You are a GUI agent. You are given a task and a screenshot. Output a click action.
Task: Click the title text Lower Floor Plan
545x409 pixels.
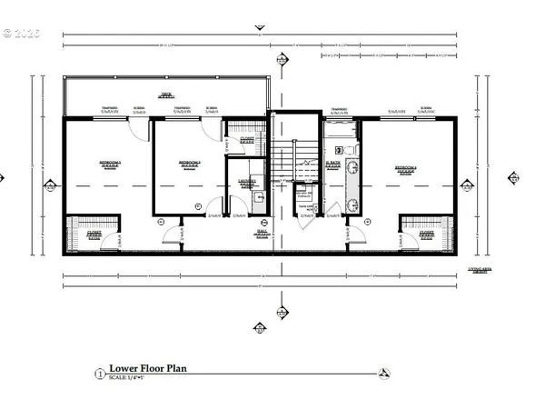pyautogui.click(x=147, y=369)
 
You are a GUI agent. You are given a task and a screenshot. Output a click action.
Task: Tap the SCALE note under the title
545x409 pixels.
pyautogui.click(x=131, y=378)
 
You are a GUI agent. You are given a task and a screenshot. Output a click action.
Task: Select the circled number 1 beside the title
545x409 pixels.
pyautogui.click(x=99, y=373)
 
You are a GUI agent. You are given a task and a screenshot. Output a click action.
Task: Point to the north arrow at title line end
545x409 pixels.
pyautogui.click(x=385, y=373)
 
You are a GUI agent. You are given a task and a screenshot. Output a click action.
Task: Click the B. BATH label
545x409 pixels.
pyautogui.click(x=332, y=166)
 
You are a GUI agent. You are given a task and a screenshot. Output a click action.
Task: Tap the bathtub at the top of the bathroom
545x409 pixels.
pyautogui.click(x=339, y=128)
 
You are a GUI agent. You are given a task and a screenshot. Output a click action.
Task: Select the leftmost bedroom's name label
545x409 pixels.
pyautogui.click(x=109, y=165)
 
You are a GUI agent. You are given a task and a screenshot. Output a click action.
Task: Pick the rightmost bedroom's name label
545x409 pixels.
pyautogui.click(x=406, y=169)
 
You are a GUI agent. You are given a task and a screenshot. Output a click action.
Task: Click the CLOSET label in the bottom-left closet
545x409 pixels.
pyautogui.click(x=94, y=234)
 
